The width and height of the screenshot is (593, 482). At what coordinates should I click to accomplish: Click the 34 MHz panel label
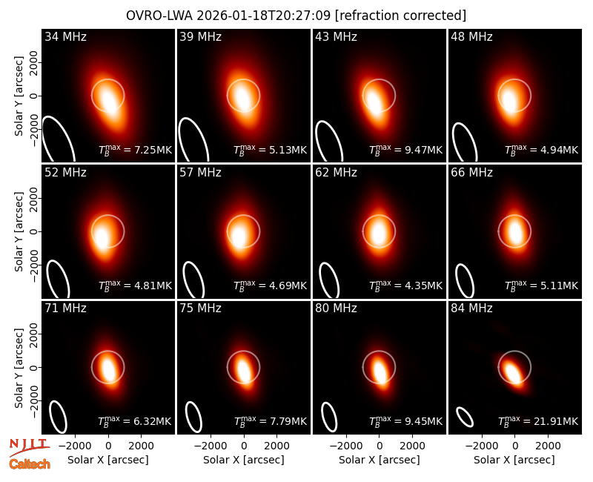click(x=65, y=36)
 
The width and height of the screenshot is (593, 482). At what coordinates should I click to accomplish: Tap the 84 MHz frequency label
click(x=471, y=308)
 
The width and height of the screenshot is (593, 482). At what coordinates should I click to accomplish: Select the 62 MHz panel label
click(x=336, y=173)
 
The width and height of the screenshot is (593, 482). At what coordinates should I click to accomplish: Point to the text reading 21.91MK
click(x=555, y=421)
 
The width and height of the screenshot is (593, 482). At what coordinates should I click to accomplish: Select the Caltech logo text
click(x=30, y=464)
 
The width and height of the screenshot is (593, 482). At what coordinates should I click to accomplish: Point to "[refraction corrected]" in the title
click(x=400, y=16)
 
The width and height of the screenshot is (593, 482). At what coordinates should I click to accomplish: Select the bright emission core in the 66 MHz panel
click(x=515, y=232)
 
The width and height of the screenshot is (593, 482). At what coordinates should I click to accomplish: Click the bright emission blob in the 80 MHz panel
click(x=380, y=372)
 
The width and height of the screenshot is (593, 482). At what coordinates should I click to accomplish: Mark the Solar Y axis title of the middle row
click(x=19, y=231)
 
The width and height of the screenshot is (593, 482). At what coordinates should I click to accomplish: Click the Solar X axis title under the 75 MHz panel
click(x=244, y=460)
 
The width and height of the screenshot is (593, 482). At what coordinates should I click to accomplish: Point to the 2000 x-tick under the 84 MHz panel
click(x=548, y=446)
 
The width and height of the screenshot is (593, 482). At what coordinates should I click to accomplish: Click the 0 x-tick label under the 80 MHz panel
click(x=380, y=446)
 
